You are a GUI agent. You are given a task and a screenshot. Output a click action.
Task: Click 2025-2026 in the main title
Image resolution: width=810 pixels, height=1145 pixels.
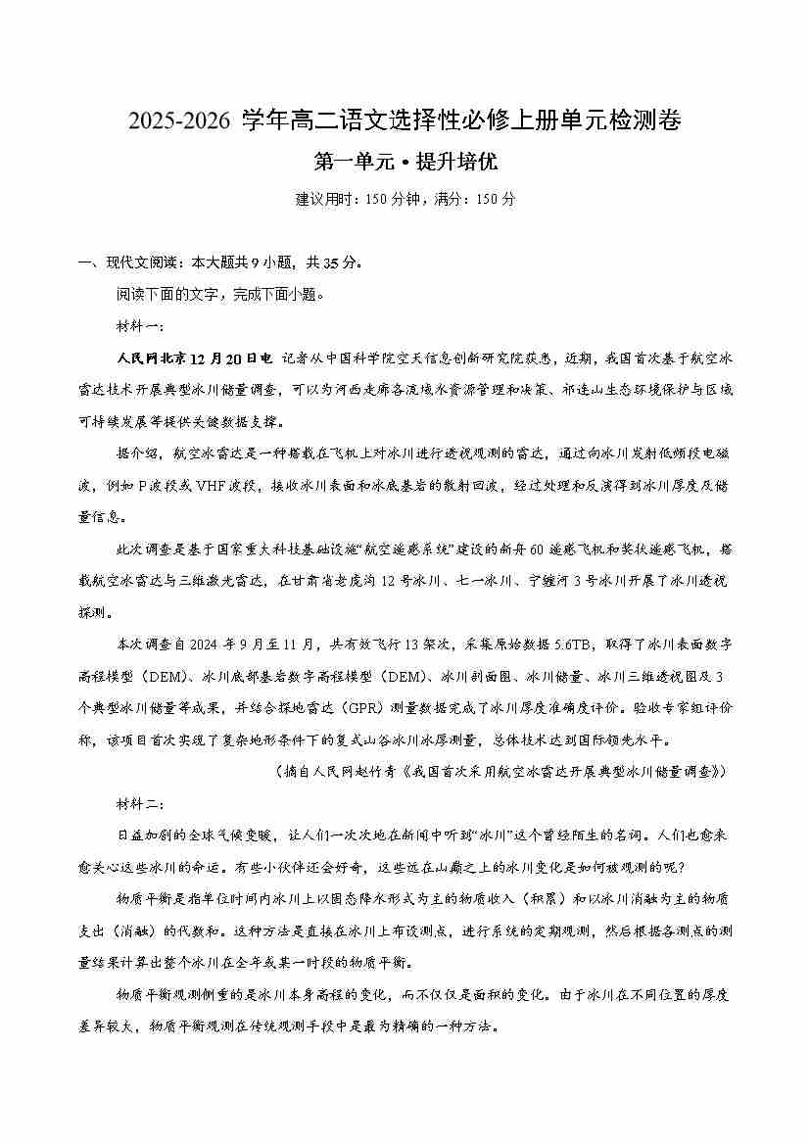181,121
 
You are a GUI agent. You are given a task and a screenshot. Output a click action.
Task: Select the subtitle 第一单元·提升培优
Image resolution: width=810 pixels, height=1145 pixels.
405,162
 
